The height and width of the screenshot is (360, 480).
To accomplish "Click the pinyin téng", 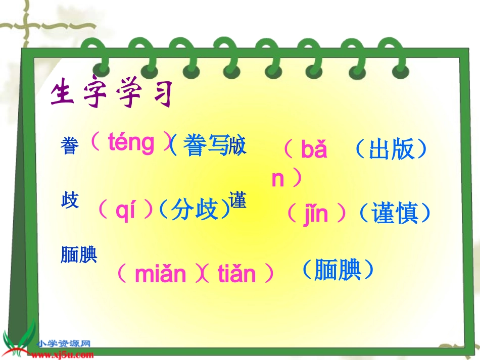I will [x=131, y=143].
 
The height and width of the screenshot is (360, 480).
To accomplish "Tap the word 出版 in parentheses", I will [x=391, y=149].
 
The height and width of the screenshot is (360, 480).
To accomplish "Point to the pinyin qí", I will [x=125, y=212].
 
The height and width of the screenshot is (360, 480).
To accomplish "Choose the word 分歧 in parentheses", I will [x=194, y=211].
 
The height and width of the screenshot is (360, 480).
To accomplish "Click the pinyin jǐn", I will [x=316, y=214].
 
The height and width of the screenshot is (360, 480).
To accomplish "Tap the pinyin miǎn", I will [x=161, y=274].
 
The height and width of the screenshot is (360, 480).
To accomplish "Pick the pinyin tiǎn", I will [x=237, y=274].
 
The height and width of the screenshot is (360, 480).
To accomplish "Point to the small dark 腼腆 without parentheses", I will [x=79, y=255].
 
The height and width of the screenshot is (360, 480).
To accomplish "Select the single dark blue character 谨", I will [x=237, y=200].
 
